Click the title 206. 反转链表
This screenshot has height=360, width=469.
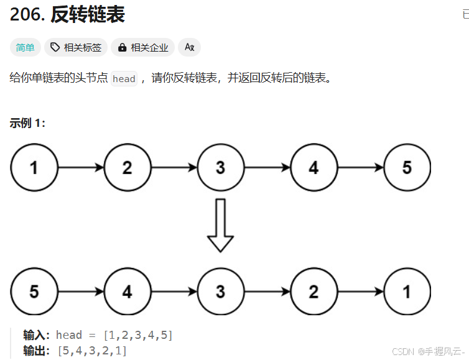pyautogui.click(x=67, y=15)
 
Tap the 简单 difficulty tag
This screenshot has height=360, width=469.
pyautogui.click(x=26, y=47)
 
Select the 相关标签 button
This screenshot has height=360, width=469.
pyautogui.click(x=76, y=47)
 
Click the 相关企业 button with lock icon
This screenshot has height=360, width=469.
pyautogui.click(x=143, y=47)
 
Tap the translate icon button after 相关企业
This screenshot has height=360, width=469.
pyautogui.click(x=189, y=47)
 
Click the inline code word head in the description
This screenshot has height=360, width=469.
pyautogui.click(x=124, y=78)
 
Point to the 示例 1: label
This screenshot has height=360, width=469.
pyautogui.click(x=27, y=122)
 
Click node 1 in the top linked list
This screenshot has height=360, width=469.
pyautogui.click(x=34, y=168)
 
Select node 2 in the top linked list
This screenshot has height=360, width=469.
pyautogui.click(x=128, y=168)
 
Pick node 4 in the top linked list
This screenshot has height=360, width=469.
pyautogui.click(x=313, y=168)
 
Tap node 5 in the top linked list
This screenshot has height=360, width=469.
pyautogui.click(x=407, y=168)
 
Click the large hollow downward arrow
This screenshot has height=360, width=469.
pyautogui.click(x=220, y=225)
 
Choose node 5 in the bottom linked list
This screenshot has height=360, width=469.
pyautogui.click(x=34, y=292)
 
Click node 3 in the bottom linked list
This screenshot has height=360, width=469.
pyautogui.click(x=220, y=292)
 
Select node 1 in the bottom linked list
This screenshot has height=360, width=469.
pyautogui.click(x=407, y=292)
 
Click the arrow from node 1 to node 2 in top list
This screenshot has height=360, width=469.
pyautogui.click(x=81, y=168)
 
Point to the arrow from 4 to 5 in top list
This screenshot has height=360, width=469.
pyautogui.click(x=360, y=168)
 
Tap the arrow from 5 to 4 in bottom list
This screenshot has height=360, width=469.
pyautogui.click(x=81, y=292)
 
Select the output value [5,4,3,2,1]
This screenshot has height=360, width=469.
pyautogui.click(x=91, y=351)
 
